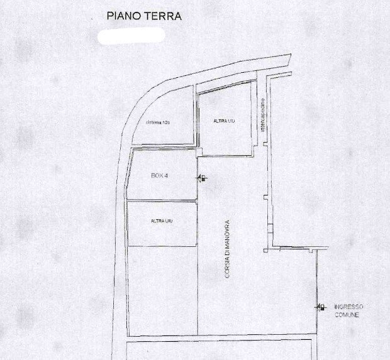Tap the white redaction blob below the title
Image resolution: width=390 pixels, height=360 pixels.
pyautogui.click(x=132, y=35)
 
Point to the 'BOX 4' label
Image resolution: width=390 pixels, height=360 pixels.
pyautogui.click(x=160, y=176)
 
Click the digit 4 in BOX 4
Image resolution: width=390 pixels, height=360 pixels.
pyautogui.click(x=166, y=176)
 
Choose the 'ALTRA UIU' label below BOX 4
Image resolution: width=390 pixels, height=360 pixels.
pyautogui.click(x=162, y=221)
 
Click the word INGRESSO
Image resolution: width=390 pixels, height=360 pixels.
pyautogui.click(x=348, y=306)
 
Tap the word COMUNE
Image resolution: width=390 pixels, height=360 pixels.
pyautogui.click(x=347, y=314)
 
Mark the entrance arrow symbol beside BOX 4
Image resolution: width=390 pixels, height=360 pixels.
pyautogui.click(x=202, y=178)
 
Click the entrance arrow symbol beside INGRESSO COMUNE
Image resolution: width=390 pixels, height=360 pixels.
pyautogui.click(x=320, y=307)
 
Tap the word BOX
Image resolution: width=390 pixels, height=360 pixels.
pyautogui.click(x=157, y=176)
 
